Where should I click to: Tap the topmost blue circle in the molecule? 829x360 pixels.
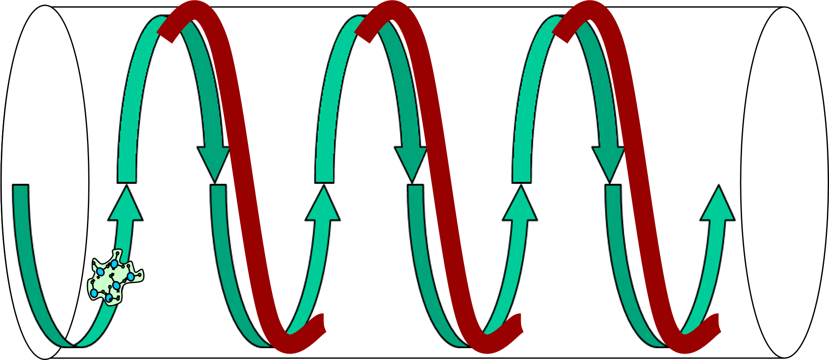(114, 264)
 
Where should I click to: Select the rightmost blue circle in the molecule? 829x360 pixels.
(131, 276)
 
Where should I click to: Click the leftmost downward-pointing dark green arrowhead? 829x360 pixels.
(214, 162)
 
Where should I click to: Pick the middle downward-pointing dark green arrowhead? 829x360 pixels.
(411, 162)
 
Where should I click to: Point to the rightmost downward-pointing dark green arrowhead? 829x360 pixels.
(608, 162)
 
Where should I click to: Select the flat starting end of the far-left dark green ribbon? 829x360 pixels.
(21, 187)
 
